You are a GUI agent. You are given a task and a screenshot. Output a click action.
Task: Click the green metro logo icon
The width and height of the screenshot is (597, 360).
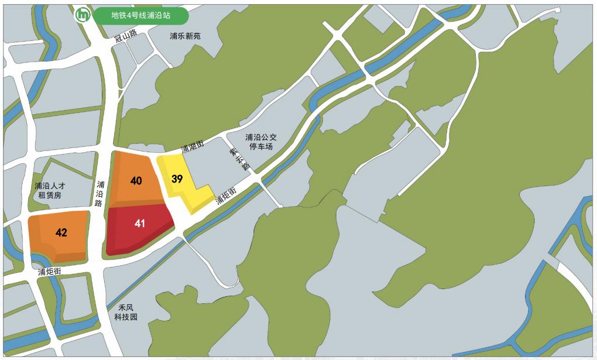tap(83, 15)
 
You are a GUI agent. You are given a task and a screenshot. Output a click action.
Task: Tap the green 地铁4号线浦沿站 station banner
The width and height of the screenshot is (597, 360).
tap(141, 16)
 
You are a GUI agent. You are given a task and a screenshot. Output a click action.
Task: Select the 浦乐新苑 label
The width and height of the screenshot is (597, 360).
tap(185, 36)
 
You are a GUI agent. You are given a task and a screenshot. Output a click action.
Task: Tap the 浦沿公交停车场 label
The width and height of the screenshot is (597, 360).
tap(261, 142)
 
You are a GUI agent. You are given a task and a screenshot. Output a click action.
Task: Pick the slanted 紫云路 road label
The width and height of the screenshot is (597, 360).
tap(239, 159)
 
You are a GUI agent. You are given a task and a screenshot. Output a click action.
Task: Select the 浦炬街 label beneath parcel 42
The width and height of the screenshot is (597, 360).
tap(50, 272)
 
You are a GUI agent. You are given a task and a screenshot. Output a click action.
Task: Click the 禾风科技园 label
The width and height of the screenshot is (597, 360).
tap(126, 311)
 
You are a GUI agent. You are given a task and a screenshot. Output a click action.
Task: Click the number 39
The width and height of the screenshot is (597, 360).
tap(177, 179)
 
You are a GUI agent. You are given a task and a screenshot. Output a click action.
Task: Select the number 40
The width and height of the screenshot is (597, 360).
tap(136, 181)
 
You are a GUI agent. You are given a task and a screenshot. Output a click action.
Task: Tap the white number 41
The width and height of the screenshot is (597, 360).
tap(139, 224)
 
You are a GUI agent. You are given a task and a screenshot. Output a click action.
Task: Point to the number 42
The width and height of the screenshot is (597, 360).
tap(61, 233)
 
